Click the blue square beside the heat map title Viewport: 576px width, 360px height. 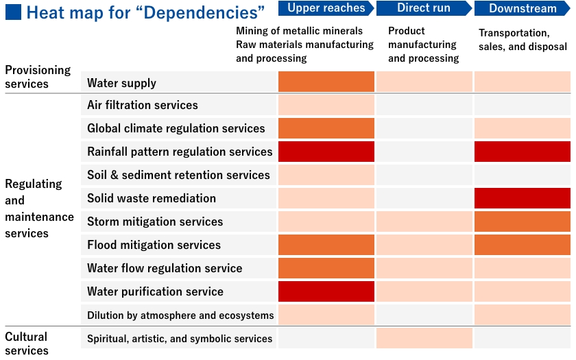click(13, 12)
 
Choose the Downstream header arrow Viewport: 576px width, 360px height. click(523, 8)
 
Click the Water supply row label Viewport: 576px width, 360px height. click(121, 83)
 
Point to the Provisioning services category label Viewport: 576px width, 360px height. click(38, 77)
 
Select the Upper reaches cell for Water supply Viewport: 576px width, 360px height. click(326, 82)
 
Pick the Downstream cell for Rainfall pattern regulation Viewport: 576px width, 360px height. click(523, 152)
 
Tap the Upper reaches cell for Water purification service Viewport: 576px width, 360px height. click(326, 291)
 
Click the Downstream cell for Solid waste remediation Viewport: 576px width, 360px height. click(523, 198)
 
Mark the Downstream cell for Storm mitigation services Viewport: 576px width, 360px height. click(523, 221)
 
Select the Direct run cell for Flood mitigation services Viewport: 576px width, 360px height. click(424, 245)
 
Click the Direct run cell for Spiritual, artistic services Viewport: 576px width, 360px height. click(424, 338)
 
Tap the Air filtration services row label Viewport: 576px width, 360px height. click(143, 105)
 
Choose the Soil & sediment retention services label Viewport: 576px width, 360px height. click(178, 175)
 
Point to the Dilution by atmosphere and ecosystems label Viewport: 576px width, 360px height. click(180, 315)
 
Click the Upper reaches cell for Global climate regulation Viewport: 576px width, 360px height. click(326, 128)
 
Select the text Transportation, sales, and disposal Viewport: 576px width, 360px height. click(523, 40)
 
